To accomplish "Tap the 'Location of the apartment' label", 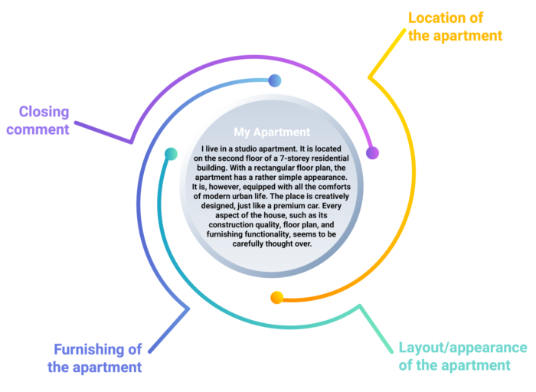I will (x=455, y=26).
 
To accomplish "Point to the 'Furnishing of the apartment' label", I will (x=97, y=358).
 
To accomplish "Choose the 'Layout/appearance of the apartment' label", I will (x=462, y=356).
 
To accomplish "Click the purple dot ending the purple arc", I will (x=372, y=152).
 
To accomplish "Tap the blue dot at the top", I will (x=275, y=80).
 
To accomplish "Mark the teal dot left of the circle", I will (x=172, y=154).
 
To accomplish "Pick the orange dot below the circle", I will (x=277, y=297).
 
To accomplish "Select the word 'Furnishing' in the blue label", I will (x=97, y=349).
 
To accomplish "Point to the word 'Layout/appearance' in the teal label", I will (x=462, y=347).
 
